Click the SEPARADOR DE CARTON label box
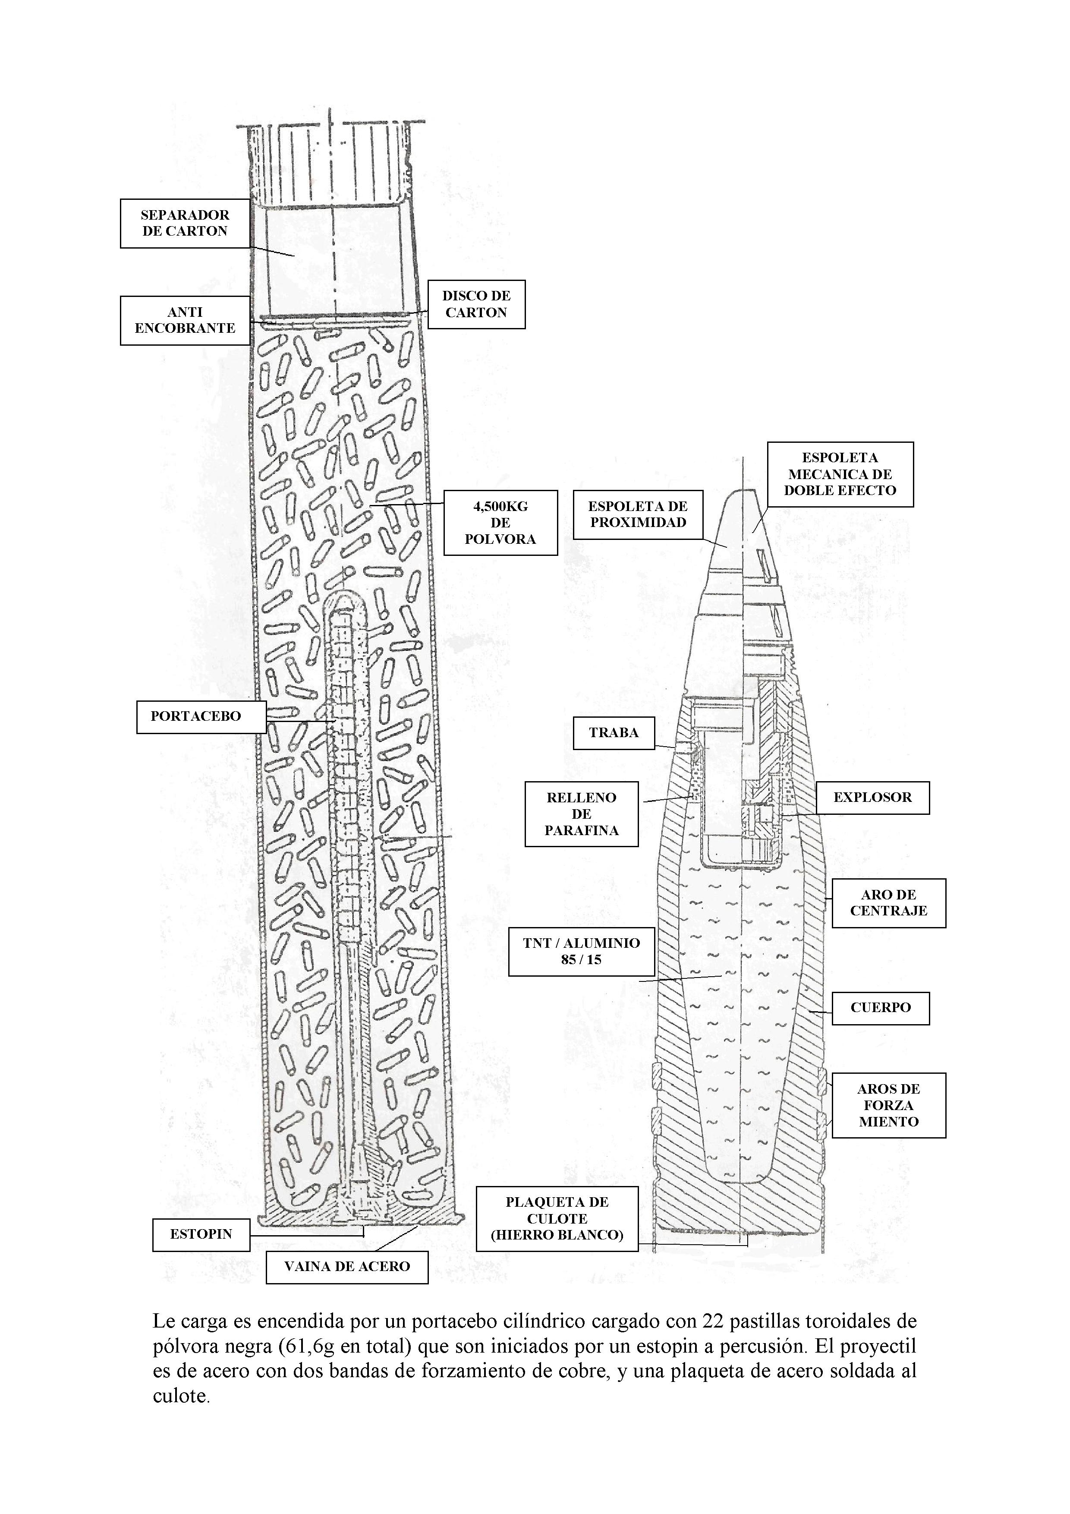[185, 224]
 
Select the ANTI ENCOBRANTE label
[185, 321]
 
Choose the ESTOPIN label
[201, 1234]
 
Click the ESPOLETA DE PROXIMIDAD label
[638, 514]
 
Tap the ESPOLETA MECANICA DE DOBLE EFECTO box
[840, 474]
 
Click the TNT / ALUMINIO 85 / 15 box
[582, 952]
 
